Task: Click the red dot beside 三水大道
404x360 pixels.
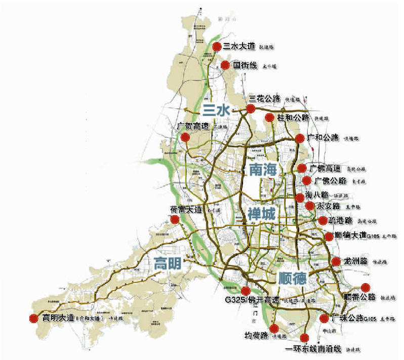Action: [217, 47]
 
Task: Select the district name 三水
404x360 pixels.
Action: [216, 110]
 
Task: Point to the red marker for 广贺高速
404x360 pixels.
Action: [185, 137]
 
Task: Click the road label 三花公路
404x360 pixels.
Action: [265, 99]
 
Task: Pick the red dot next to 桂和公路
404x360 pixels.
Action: [269, 118]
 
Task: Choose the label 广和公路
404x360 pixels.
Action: [324, 137]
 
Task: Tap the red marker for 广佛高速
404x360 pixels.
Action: [302, 168]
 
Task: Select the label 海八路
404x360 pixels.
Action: [317, 195]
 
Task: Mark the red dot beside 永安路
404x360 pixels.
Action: [310, 206]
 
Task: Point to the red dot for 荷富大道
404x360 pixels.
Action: [175, 220]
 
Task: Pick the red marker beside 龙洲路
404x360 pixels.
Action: [336, 262]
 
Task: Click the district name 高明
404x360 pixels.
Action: [168, 263]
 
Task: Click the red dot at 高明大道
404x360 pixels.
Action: [33, 318]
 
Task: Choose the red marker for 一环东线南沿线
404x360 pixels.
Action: [304, 338]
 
